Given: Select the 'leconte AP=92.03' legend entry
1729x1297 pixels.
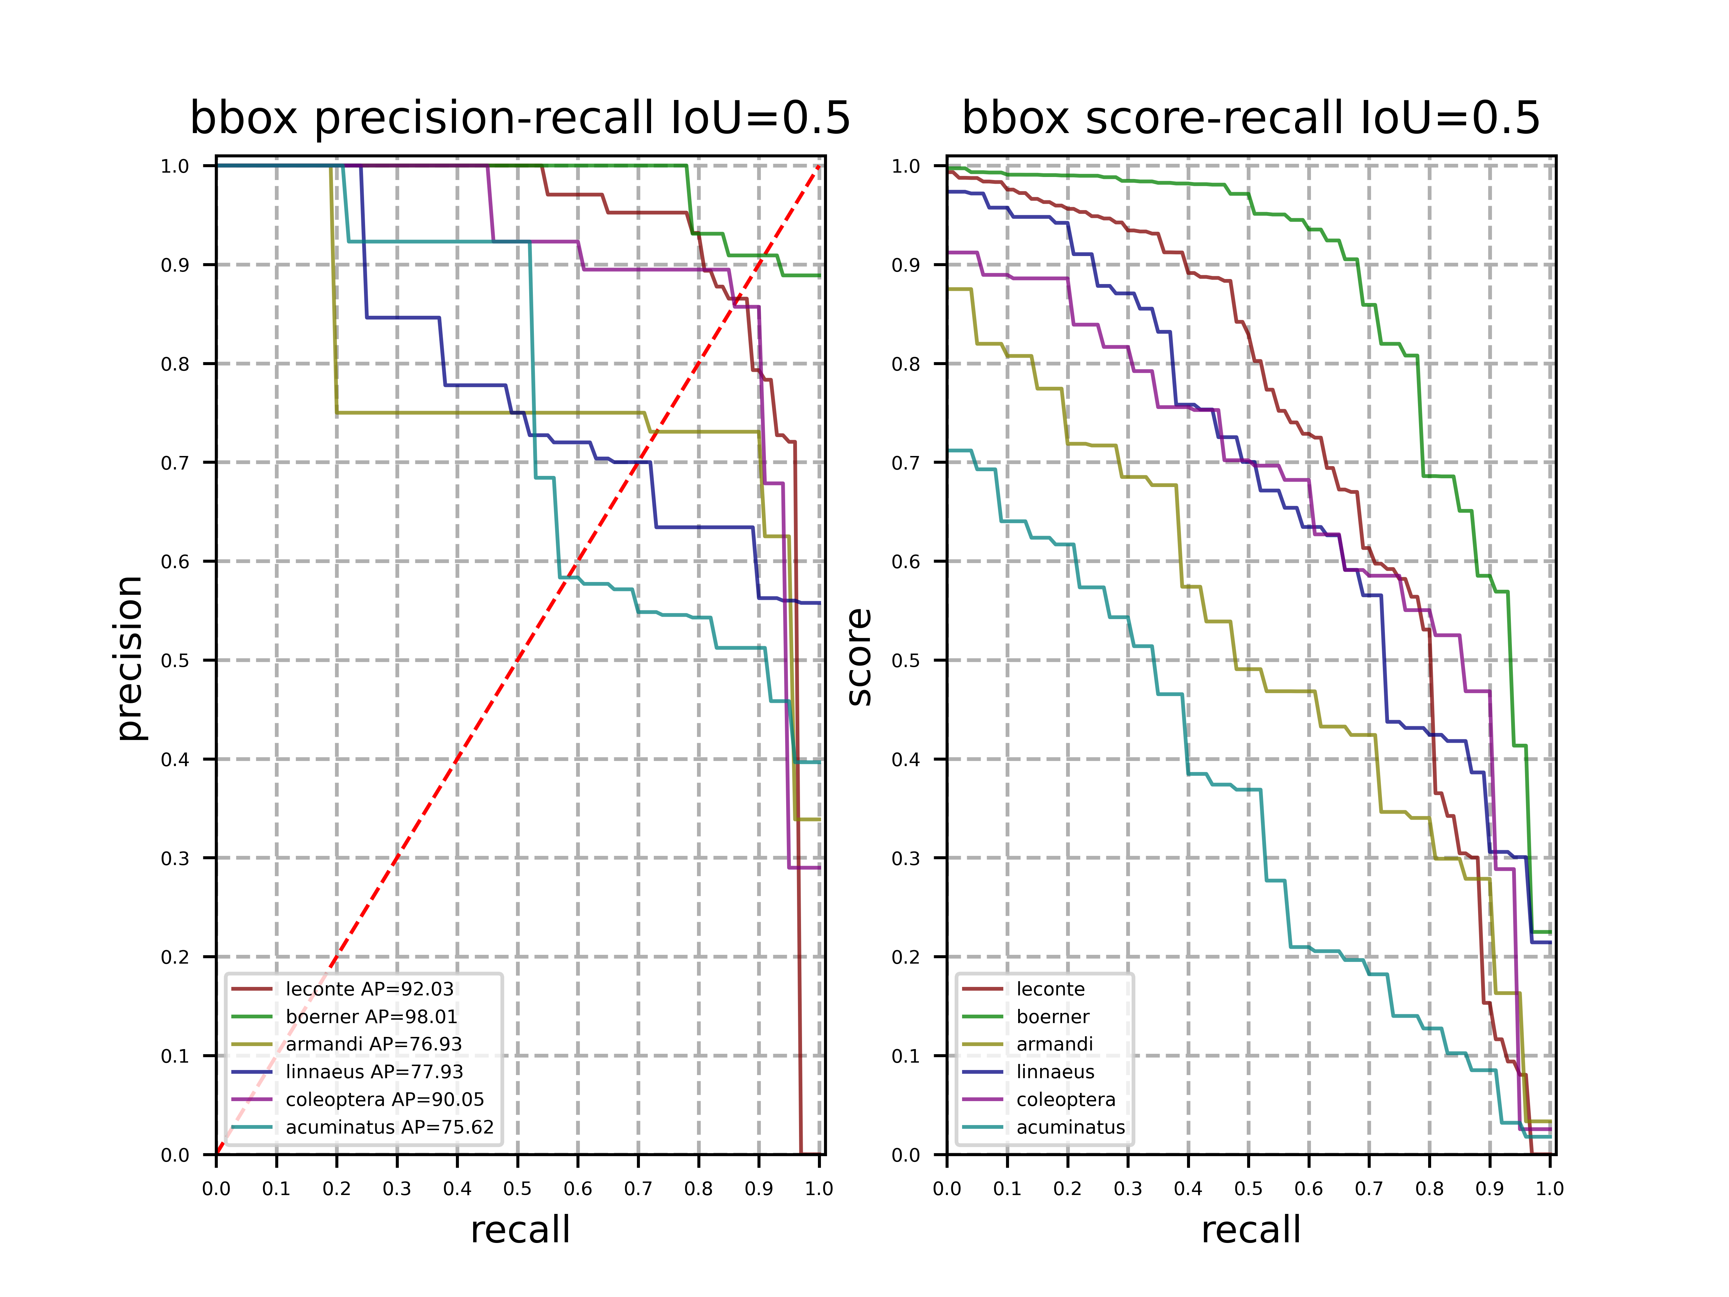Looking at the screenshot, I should (369, 989).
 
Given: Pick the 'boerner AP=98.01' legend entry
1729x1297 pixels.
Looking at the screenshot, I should (371, 1016).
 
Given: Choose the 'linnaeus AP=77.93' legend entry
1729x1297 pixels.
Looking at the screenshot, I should (375, 1072).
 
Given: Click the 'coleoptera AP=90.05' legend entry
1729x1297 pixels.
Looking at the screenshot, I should (385, 1099).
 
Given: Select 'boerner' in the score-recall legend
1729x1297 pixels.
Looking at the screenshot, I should (1052, 1016).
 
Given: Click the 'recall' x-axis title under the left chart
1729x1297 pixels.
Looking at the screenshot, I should (520, 1230).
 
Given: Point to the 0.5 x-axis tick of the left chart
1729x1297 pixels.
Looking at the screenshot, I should (517, 1189).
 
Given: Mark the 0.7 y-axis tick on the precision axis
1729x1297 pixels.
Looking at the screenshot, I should (175, 463).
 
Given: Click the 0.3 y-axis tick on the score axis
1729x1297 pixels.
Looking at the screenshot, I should (906, 858).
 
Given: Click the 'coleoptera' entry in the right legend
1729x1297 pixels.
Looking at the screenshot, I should (1065, 1099).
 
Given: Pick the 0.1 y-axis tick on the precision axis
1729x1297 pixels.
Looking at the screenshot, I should (175, 1056).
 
